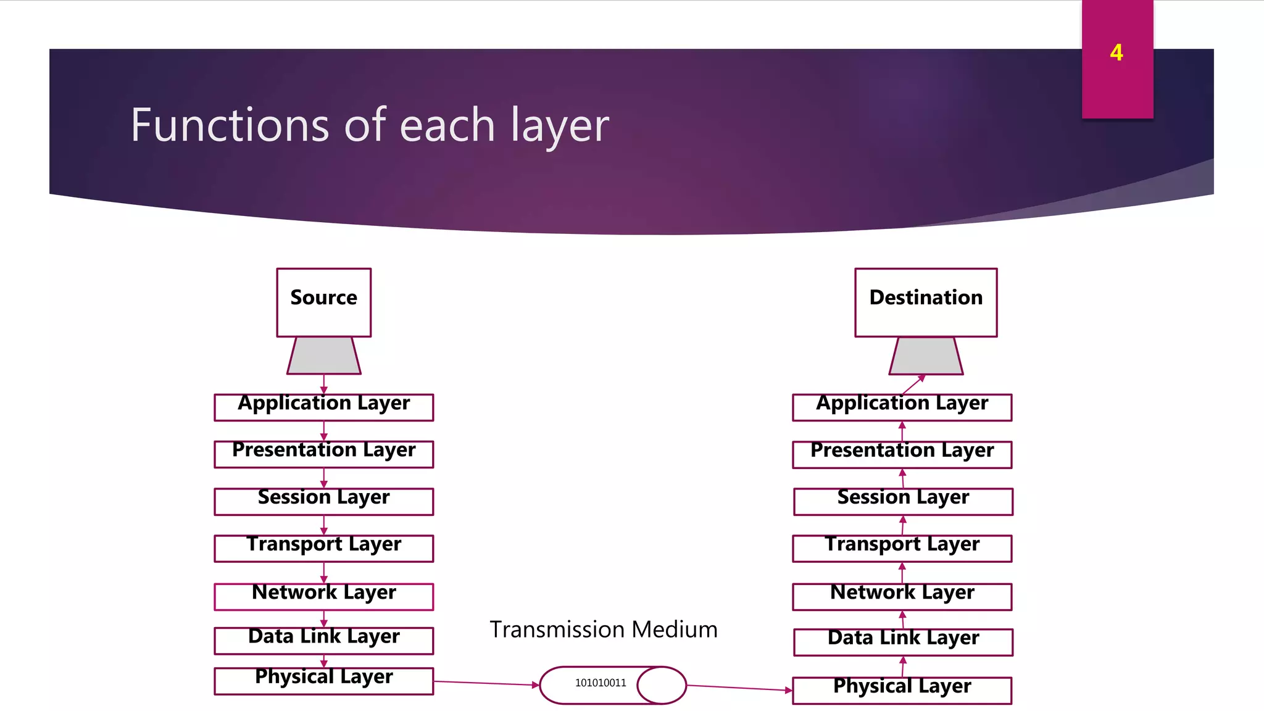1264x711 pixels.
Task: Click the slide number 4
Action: point(1116,53)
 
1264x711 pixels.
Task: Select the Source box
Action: point(323,302)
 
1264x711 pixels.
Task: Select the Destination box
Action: point(925,302)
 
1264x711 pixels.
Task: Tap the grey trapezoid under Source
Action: point(323,356)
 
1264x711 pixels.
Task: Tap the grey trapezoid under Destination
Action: point(925,356)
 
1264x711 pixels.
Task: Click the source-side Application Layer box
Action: point(323,407)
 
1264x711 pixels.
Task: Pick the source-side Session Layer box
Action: point(323,501)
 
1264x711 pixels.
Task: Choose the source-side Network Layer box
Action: point(323,596)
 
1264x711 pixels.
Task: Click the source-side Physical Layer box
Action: point(323,680)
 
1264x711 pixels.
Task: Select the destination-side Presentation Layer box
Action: point(902,454)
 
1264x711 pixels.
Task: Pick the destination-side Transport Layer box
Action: point(902,547)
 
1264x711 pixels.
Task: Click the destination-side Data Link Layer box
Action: point(902,641)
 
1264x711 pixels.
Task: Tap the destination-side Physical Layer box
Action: point(902,689)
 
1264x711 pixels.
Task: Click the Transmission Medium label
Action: point(603,630)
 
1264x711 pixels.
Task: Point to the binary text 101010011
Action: point(600,683)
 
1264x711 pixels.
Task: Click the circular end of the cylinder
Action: point(662,685)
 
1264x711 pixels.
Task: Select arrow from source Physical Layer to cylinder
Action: point(486,683)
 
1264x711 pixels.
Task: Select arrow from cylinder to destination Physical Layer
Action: point(739,688)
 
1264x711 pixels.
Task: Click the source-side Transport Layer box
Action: point(323,547)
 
